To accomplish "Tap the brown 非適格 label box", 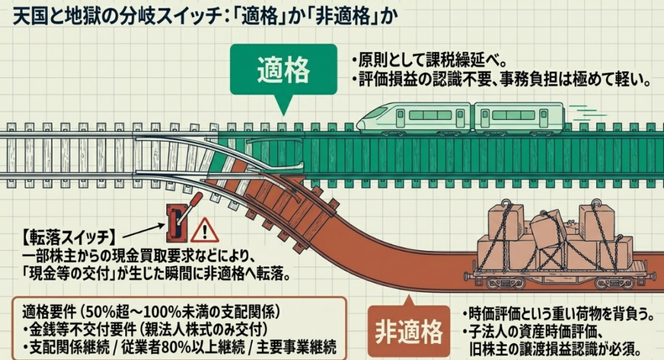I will point(409,331).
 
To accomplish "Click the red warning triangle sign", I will point(205,230).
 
